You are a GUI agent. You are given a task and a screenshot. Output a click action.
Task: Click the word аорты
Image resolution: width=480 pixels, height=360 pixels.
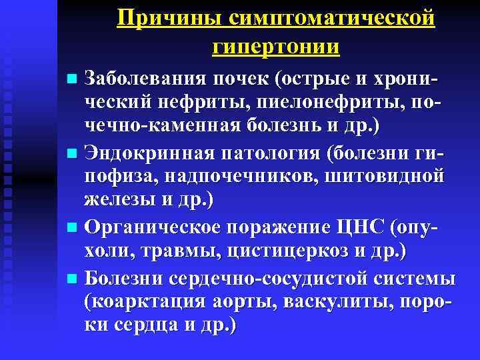(245, 301)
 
